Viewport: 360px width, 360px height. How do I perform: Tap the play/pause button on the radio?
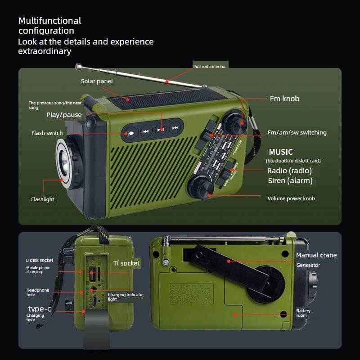pos(161,129)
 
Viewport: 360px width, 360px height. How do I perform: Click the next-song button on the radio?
pos(175,128)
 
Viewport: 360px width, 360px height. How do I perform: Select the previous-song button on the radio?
pos(145,132)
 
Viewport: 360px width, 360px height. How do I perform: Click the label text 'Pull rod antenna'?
pos(209,66)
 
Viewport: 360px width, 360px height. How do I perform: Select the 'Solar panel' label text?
pos(97,81)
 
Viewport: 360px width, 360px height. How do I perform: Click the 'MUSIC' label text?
pos(281,152)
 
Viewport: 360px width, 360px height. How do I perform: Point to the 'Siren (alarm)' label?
pos(290,181)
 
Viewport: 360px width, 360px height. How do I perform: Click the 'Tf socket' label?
pos(126,263)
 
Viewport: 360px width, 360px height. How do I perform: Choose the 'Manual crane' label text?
pos(316,255)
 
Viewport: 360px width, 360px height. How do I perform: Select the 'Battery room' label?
pos(303,313)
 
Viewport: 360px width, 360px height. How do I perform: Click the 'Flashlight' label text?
pos(43,199)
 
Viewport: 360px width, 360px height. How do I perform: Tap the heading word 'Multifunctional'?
pos(49,21)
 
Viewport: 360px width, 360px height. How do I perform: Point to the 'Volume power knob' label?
pos(291,198)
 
